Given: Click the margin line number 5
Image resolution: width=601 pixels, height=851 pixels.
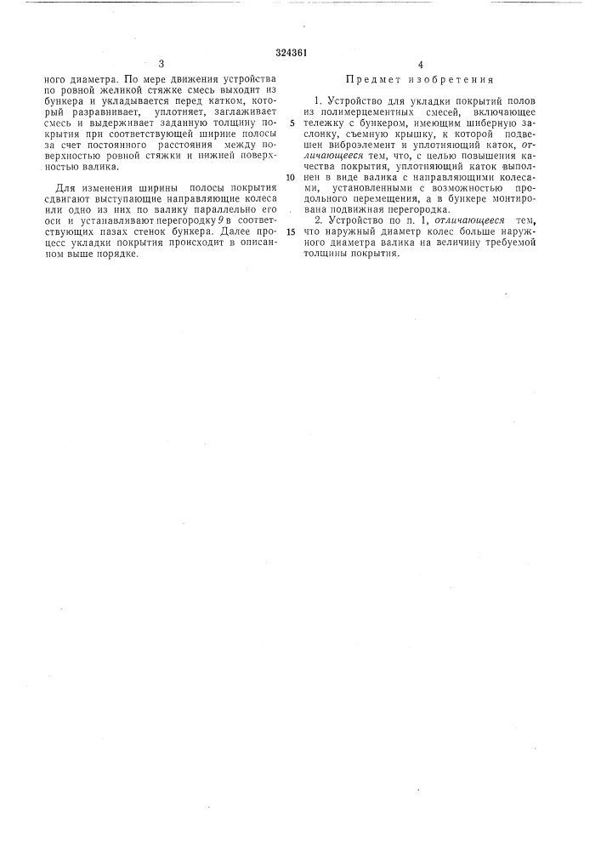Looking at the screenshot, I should click(292, 122).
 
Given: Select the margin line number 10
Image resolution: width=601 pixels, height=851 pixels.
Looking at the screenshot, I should click(291, 177).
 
